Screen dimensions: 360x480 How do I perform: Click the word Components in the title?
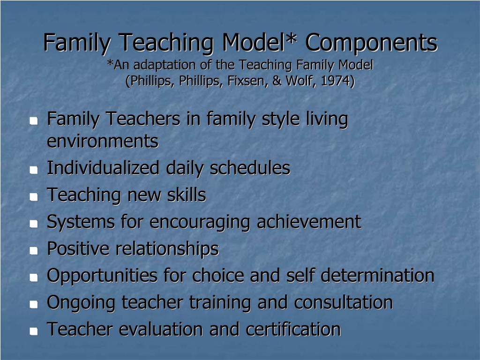[371, 43]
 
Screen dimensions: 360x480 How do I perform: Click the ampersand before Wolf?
[276, 81]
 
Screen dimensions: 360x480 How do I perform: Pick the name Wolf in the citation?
[298, 81]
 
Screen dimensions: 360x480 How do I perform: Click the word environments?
[103, 141]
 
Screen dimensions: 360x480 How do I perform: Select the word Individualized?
[103, 168]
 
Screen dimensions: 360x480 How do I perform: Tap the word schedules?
[250, 168]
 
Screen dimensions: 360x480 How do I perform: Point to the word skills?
[187, 195]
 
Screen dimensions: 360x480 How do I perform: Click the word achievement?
[309, 222]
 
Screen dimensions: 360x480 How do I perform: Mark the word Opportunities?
[102, 276]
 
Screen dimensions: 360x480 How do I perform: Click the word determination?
[377, 276]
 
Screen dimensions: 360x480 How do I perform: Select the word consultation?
[343, 302]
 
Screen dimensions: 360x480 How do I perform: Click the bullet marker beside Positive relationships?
[33, 251]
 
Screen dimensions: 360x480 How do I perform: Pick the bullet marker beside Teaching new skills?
[33, 197]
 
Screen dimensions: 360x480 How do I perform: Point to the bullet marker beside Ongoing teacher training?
[33, 304]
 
